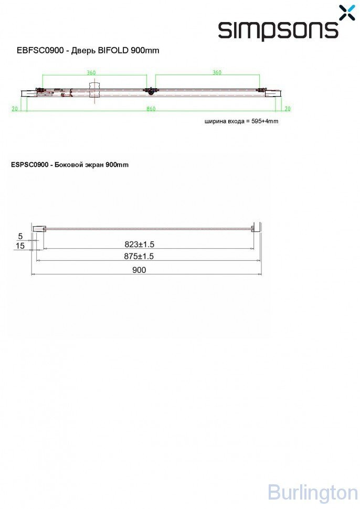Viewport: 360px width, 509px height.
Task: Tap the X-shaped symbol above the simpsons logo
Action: pyautogui.click(x=347, y=13)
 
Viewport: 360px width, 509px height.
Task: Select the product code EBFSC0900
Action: pyautogui.click(x=40, y=51)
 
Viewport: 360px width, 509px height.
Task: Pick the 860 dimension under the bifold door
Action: pyautogui.click(x=151, y=109)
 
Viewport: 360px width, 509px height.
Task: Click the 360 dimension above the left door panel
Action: pyautogui.click(x=92, y=73)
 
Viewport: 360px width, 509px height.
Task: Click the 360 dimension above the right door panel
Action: pyautogui.click(x=216, y=73)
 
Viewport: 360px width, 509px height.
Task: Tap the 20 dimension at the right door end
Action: pyautogui.click(x=287, y=109)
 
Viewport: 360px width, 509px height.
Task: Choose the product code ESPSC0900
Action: pyautogui.click(x=29, y=165)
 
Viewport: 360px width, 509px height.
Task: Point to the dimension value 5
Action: pyautogui.click(x=20, y=236)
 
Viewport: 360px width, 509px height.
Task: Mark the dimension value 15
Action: pyautogui.click(x=20, y=246)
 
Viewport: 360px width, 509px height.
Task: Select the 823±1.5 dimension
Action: pyautogui.click(x=139, y=245)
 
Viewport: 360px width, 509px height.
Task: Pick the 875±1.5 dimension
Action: pyautogui.click(x=139, y=256)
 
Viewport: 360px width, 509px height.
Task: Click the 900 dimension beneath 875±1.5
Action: pyautogui.click(x=139, y=270)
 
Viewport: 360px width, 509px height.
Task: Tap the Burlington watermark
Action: pyautogui.click(x=312, y=493)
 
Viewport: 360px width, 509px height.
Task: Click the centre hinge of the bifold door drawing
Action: pyautogui.click(x=151, y=91)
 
